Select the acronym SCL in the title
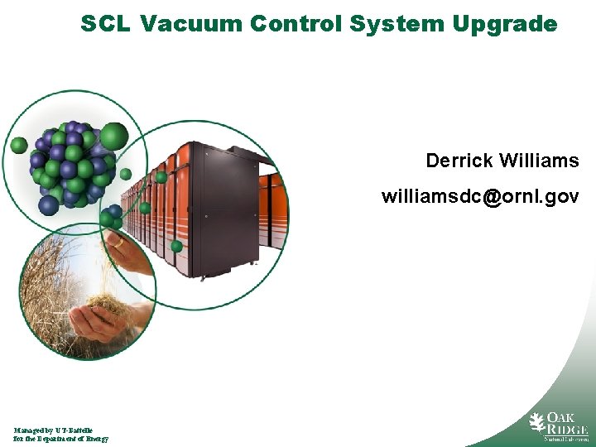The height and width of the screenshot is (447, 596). pyautogui.click(x=105, y=24)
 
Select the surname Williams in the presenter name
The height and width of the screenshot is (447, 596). pyautogui.click(x=539, y=160)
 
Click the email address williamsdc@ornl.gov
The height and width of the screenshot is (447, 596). pyautogui.click(x=480, y=197)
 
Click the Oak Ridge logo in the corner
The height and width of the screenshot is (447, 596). pyautogui.click(x=559, y=426)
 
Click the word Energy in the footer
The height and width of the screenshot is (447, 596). pyautogui.click(x=94, y=439)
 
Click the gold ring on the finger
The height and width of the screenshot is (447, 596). pyautogui.click(x=119, y=243)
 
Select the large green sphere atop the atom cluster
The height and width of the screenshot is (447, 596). pyautogui.click(x=114, y=134)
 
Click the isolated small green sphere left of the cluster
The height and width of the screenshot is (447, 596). pyautogui.click(x=19, y=146)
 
